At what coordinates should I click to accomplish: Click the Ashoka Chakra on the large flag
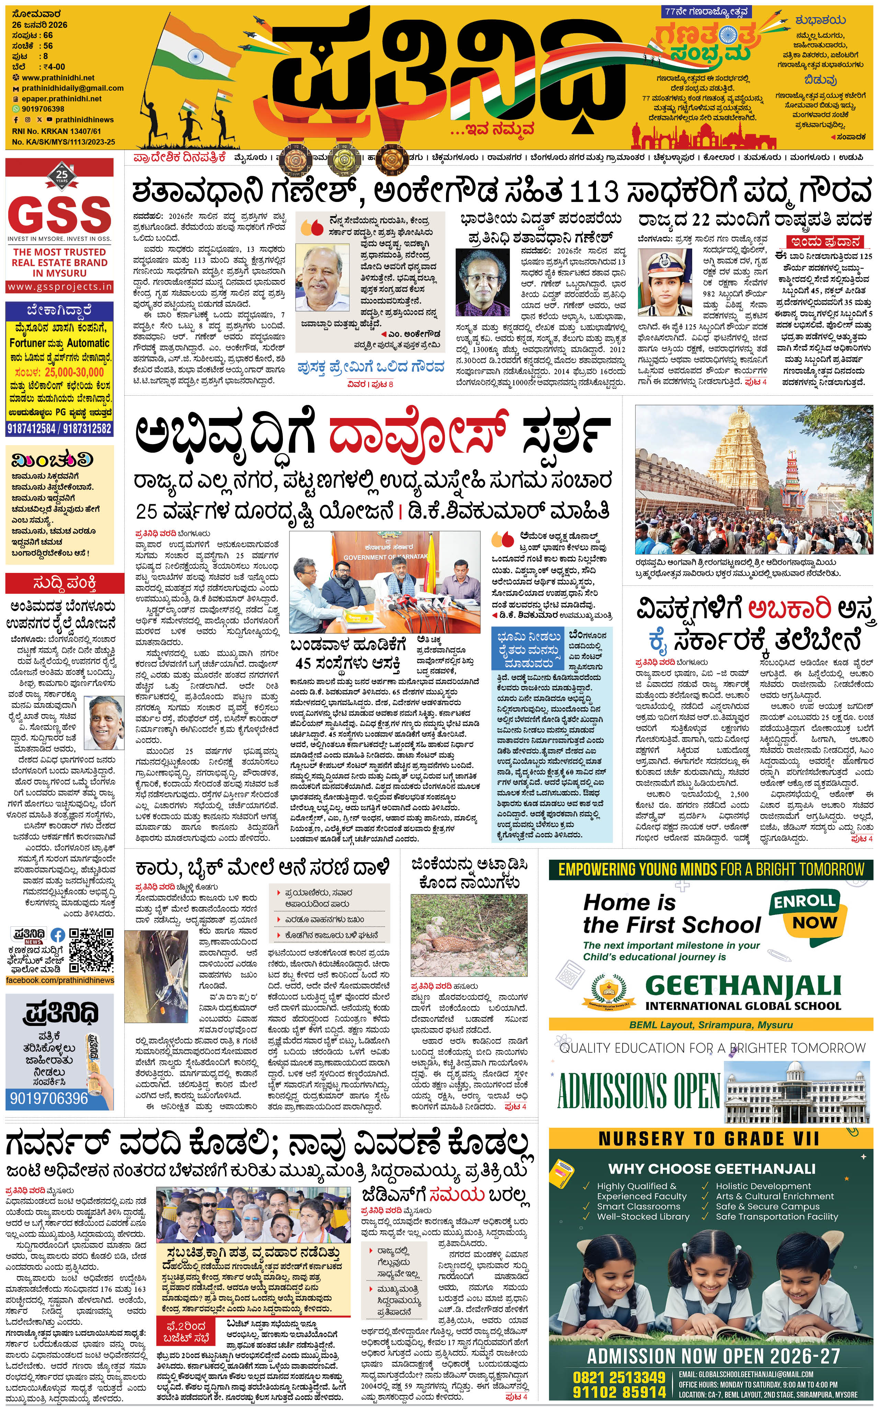[191, 56]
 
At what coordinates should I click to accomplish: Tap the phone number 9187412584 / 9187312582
[60, 429]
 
